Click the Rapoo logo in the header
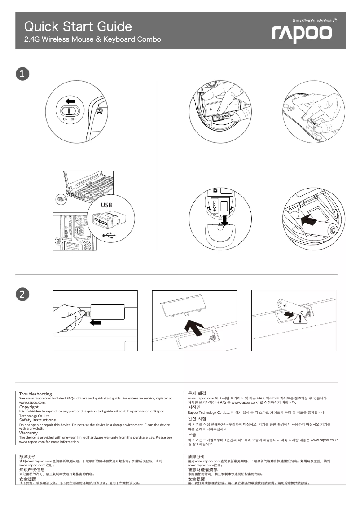click(302, 34)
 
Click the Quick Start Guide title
click(78, 26)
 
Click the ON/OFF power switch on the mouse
click(70, 110)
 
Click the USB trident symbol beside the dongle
click(109, 234)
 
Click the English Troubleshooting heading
click(35, 394)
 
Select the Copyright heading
click(29, 407)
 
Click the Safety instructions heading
click(37, 420)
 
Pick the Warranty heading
click(28, 433)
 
